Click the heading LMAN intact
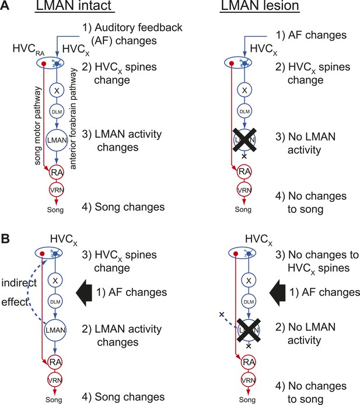pos(74,6)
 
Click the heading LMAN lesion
pos(260,6)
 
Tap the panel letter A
pos(5,5)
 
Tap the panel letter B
pos(5,239)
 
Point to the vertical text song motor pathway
pos(38,126)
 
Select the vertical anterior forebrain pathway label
pos(73,118)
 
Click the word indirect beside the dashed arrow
pos(19,283)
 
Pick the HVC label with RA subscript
pos(29,49)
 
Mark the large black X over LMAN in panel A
pos(244,139)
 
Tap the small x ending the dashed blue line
pos(221,315)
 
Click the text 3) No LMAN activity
pos(305,143)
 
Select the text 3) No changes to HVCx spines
pos(317,261)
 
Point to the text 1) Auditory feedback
pos(132,27)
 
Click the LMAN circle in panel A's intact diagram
pos(57,140)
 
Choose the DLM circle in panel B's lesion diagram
pos(249,302)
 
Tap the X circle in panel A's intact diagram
pos(57,90)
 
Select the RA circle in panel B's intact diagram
pos(55,362)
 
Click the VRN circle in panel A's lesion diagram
pos(244,190)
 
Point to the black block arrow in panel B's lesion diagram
pos(277,292)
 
